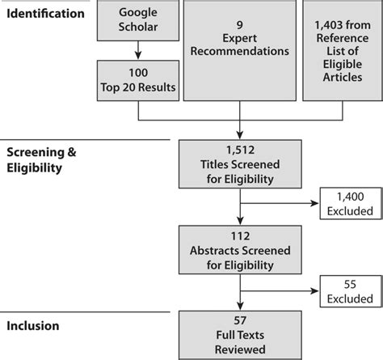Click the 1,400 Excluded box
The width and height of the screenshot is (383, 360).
[350, 205]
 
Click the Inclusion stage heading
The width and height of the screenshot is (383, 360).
[33, 327]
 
